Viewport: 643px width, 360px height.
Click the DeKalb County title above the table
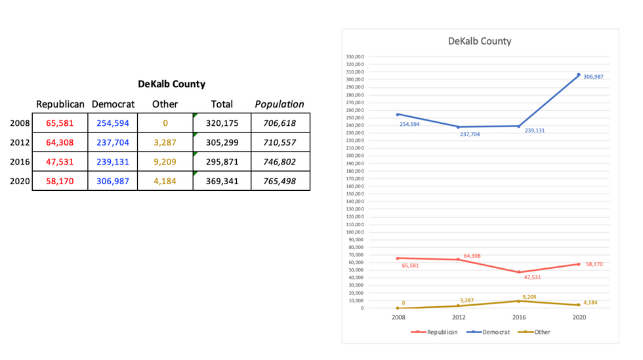click(171, 84)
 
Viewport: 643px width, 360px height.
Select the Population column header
click(280, 104)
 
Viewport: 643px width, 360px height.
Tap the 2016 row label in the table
click(21, 161)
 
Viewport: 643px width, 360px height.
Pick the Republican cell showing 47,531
click(60, 161)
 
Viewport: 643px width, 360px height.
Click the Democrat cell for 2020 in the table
click(113, 181)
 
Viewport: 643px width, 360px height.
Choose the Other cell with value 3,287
click(165, 142)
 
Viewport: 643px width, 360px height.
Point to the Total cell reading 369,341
click(222, 181)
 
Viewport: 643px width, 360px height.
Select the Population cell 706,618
click(280, 123)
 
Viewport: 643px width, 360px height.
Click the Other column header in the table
click(165, 104)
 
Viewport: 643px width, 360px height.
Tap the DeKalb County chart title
click(480, 41)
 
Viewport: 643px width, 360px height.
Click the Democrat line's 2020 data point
click(579, 75)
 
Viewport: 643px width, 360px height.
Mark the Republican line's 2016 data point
click(518, 272)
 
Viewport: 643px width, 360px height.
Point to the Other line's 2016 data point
click(518, 301)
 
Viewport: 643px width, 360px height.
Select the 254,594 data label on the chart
click(409, 124)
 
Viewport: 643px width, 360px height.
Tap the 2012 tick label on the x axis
click(459, 317)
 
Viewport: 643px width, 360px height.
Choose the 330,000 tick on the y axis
click(354, 57)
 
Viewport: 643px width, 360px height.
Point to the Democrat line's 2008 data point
click(398, 115)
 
